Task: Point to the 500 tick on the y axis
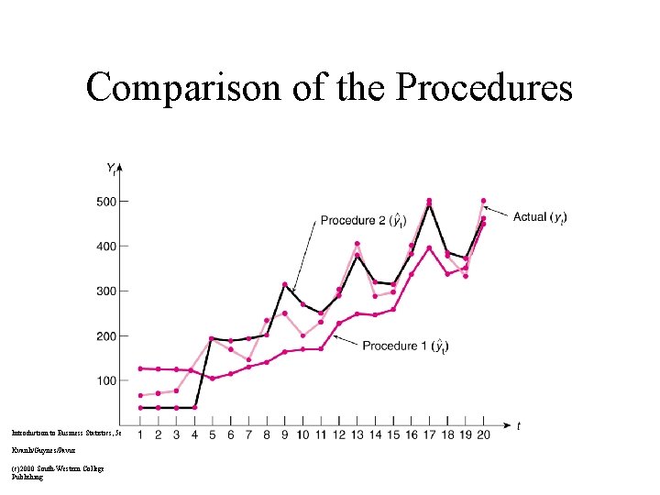[107, 202]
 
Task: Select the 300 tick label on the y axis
[107, 291]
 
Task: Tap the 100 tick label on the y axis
[107, 380]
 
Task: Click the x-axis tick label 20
[483, 434]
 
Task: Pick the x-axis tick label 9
[284, 434]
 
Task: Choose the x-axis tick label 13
[357, 434]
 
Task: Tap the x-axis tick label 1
[139, 434]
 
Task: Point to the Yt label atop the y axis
[111, 168]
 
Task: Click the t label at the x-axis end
[519, 425]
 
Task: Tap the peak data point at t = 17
[429, 202]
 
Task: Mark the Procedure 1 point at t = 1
[139, 368]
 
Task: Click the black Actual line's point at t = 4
[194, 407]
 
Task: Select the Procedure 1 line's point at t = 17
[429, 248]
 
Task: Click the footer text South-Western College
[64, 468]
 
